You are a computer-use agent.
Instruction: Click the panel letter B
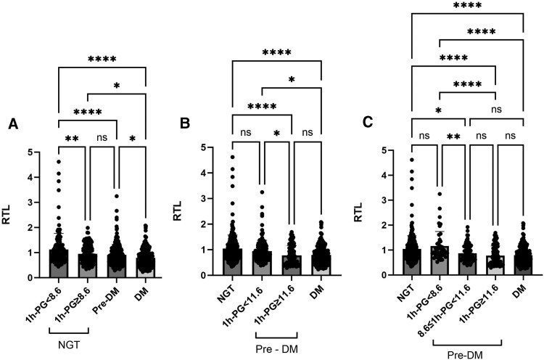click(x=186, y=126)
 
